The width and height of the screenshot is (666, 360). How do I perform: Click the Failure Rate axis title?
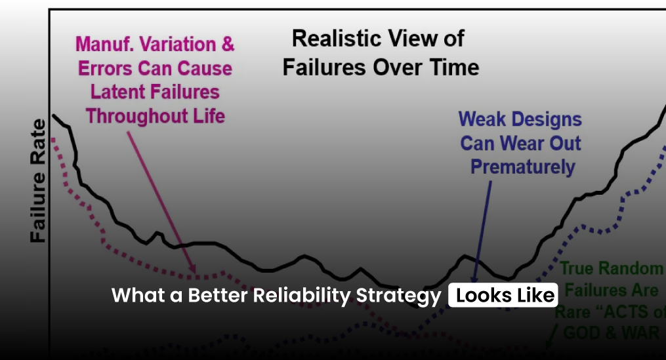pos(37,181)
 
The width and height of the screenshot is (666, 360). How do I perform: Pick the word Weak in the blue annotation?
pos(482,119)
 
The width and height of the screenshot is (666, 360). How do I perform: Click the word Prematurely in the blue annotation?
pos(522,167)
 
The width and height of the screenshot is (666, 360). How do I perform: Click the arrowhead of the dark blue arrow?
pos(474,265)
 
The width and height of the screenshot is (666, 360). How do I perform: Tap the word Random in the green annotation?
pos(635,268)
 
